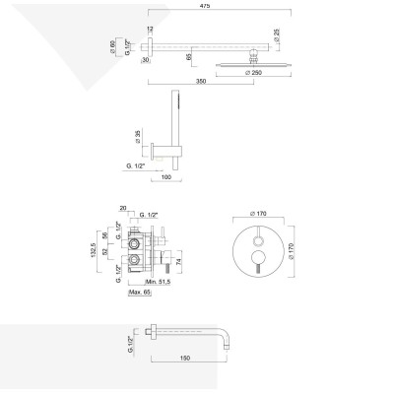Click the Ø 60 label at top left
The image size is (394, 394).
(115, 46)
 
